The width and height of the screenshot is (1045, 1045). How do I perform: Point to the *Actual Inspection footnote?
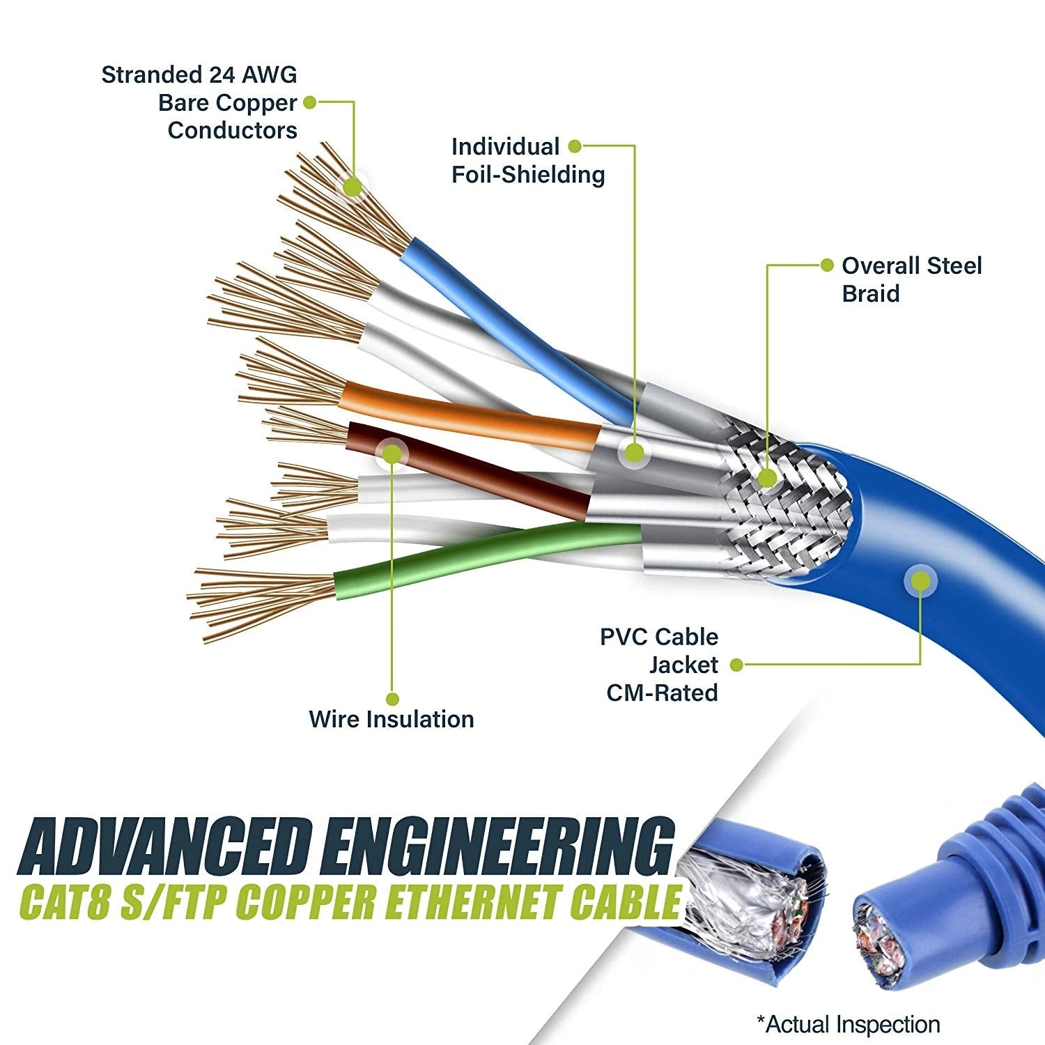[x=849, y=1024]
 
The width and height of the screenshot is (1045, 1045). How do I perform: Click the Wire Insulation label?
[x=391, y=719]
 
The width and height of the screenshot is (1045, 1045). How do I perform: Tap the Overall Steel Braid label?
[x=911, y=279]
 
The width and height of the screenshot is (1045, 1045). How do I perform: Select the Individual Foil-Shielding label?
[x=527, y=160]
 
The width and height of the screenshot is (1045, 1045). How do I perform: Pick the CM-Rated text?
[x=662, y=693]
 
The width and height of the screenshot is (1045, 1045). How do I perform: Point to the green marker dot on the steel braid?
[x=767, y=478]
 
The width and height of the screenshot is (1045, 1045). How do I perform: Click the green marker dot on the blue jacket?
[x=920, y=581]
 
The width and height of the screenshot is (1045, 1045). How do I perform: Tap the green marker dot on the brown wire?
[x=392, y=454]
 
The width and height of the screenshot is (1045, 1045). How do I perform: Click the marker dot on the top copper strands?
[x=353, y=187]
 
